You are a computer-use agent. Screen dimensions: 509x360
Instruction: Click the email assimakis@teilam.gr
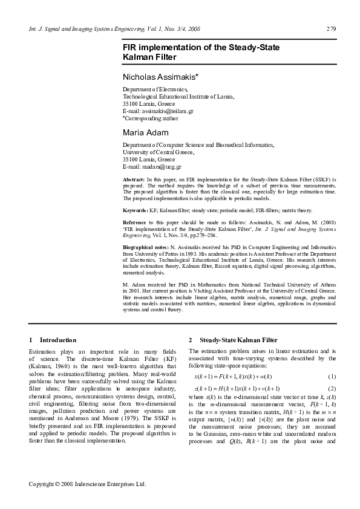coord(158,111)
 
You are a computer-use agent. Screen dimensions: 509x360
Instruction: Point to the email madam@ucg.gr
coord(152,166)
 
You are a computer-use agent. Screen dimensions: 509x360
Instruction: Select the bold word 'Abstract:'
coord(134,180)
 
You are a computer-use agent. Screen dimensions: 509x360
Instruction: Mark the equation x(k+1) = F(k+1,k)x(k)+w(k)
coord(233,376)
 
